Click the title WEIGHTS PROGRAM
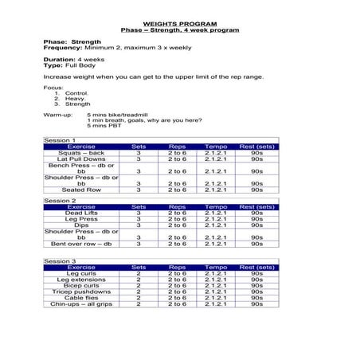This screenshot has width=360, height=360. click(179, 23)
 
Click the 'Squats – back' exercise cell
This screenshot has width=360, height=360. click(81, 153)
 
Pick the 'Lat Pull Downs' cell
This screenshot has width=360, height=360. click(81, 159)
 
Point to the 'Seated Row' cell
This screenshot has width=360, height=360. click(81, 190)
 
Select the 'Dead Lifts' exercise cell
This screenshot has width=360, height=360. click(81, 213)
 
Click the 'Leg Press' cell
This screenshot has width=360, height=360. click(81, 219)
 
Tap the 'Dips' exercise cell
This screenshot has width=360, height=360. click(81, 225)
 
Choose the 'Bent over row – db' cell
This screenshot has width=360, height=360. click(81, 244)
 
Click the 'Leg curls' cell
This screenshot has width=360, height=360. click(81, 274)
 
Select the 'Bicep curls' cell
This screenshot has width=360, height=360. click(81, 286)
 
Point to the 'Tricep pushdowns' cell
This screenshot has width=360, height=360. click(81, 292)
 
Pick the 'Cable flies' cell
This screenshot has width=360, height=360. click(81, 298)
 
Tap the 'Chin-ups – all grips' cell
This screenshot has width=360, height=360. click(81, 303)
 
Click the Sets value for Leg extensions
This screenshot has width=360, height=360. click(139, 280)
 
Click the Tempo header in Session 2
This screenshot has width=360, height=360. click(216, 207)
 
